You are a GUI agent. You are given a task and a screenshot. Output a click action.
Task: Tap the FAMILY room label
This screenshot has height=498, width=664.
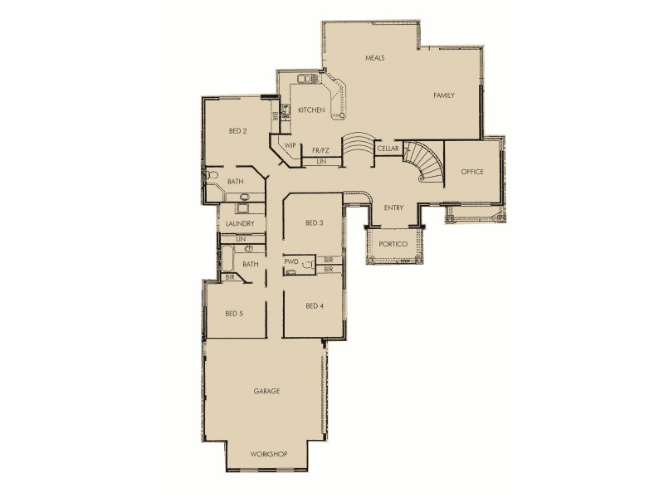pos(444,96)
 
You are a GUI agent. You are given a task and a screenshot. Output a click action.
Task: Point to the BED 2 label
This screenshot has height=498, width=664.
pos(238,131)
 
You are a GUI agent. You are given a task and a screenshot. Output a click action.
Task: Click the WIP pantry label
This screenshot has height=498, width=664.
pos(290,146)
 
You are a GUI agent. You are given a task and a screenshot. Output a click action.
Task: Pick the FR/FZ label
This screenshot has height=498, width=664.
pos(320,150)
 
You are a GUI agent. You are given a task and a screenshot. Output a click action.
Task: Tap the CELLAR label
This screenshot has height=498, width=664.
pos(388,149)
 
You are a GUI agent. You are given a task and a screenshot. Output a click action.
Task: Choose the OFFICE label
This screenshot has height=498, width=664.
pos(472,172)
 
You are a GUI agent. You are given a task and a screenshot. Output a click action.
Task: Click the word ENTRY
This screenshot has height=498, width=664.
pos(393,207)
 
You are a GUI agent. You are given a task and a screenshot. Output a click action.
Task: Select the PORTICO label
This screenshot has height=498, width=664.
pos(392,246)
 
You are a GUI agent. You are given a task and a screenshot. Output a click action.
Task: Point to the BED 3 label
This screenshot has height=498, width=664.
pos(314,222)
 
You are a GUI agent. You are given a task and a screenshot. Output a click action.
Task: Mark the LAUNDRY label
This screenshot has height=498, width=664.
pos(240,224)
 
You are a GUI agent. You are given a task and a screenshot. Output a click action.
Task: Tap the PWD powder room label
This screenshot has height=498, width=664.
pos(290,261)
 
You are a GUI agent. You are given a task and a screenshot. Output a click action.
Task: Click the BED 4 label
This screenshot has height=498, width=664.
pos(314,305)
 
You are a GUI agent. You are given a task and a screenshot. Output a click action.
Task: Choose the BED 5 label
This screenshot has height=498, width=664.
pos(234,314)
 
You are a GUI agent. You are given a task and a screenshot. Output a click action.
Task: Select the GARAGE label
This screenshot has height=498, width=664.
pos(266,390)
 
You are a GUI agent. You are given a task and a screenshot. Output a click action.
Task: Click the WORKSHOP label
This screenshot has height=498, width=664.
pos(268,454)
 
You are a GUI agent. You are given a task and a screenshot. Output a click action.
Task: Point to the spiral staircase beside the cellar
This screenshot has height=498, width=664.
pos(423,162)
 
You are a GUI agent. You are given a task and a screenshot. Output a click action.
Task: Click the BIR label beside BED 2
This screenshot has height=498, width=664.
pos(275,117)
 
